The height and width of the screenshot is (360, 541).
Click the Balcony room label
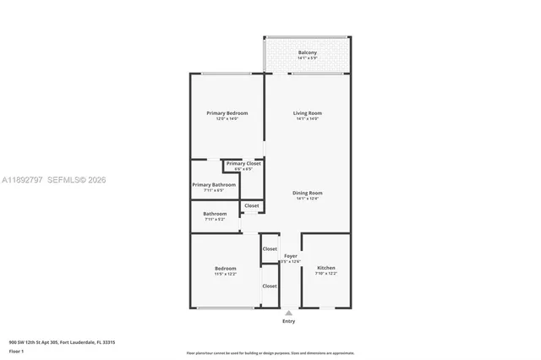(308, 53)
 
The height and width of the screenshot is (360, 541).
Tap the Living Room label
(308, 113)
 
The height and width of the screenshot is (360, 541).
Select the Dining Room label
(308, 193)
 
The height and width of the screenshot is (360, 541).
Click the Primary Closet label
(243, 163)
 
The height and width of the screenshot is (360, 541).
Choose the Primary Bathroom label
(214, 184)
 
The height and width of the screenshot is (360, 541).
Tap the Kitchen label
(326, 268)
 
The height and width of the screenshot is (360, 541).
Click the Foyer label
(290, 255)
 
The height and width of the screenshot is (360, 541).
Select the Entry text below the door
(289, 321)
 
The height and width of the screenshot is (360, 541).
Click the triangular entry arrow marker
(289, 313)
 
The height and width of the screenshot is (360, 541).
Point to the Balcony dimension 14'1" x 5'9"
(308, 58)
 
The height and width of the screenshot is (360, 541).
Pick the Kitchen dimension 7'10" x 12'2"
(326, 274)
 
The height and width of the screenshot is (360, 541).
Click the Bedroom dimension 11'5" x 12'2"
(225, 274)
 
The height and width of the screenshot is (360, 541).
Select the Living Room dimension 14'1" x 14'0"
(308, 119)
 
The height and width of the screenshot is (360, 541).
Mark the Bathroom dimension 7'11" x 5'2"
(215, 219)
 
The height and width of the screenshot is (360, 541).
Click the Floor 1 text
(16, 351)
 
